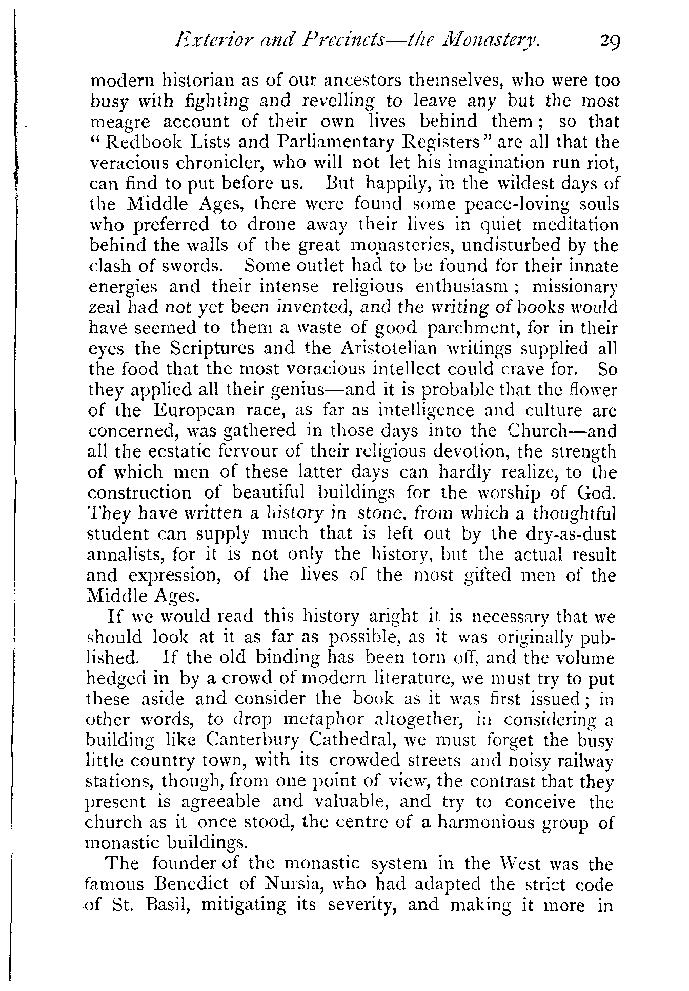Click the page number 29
(x=610, y=41)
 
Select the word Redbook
(x=136, y=142)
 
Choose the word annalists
(x=127, y=555)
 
